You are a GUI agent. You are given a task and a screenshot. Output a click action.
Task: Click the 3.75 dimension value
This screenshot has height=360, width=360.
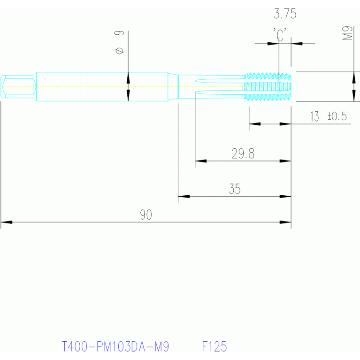click(285, 15)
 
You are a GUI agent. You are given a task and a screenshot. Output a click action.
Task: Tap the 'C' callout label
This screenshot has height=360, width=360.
click(280, 34)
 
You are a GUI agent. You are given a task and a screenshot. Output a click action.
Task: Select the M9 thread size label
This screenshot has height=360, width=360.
click(347, 33)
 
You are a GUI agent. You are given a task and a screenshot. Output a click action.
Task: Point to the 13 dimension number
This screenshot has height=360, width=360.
click(314, 116)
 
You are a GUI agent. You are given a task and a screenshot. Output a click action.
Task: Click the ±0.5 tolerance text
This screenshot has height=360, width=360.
click(337, 116)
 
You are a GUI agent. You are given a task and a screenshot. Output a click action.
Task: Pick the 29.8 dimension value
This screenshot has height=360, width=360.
click(243, 153)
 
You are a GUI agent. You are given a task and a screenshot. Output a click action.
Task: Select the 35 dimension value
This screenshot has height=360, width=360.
click(235, 189)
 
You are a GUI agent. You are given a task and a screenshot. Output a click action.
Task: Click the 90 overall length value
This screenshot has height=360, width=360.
click(146, 215)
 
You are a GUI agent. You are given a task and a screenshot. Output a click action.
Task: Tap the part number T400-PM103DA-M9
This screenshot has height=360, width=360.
click(115, 347)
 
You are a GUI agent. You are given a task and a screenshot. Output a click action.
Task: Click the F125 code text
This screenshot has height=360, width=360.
click(214, 347)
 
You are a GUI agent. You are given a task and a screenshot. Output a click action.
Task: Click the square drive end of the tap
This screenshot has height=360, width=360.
click(18, 86)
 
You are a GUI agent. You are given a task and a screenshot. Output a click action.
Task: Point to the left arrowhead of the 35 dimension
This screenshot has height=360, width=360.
click(184, 196)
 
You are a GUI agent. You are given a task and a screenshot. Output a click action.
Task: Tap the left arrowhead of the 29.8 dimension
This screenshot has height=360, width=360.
click(200, 161)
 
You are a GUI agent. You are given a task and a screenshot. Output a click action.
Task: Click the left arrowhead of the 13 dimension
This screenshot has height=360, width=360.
click(254, 124)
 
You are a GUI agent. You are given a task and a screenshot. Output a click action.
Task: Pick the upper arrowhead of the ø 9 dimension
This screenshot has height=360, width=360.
click(128, 78)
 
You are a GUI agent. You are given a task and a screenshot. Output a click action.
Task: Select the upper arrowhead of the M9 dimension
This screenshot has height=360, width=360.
click(353, 78)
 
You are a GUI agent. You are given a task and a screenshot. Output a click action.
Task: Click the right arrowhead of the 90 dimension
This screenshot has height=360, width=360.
click(285, 222)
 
